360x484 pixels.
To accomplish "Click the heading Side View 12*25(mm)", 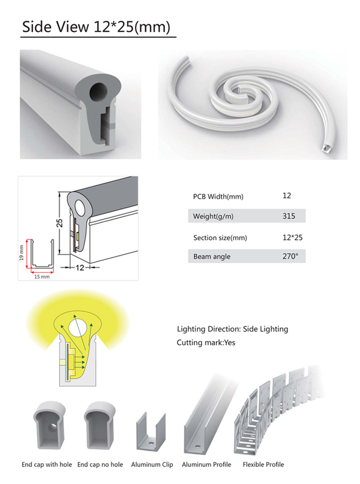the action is [96, 27].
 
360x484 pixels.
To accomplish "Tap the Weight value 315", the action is [288, 216].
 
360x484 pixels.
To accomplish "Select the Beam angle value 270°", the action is [290, 256].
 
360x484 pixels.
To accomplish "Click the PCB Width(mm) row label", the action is [218, 197].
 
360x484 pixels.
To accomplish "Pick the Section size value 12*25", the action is [292, 237].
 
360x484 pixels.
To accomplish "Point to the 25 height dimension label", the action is [60, 223].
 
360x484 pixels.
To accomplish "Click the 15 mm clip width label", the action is [42, 277].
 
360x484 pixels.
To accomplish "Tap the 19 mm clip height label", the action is [21, 253].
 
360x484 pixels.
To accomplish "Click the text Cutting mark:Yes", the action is [206, 342].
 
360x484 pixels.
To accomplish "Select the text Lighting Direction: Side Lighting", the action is [232, 329].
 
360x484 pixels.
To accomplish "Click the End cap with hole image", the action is [49, 425].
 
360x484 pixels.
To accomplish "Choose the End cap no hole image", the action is [99, 425].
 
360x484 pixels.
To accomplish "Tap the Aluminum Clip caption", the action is [152, 464].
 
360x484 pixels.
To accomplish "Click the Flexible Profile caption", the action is [264, 464].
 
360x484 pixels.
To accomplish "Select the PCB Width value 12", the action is [287, 196].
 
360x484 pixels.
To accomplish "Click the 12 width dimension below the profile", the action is [80, 268].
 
